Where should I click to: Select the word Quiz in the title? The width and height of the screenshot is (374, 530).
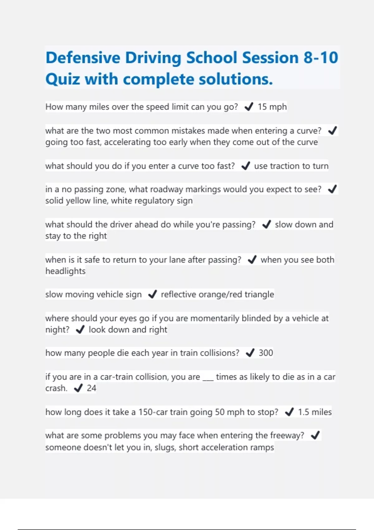point(63,79)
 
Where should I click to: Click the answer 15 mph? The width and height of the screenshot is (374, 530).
point(272,107)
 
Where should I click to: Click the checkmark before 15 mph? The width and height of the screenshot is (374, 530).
point(249,107)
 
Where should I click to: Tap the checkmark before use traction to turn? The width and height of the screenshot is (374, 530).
point(246,166)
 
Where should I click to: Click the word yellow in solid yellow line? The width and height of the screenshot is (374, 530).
point(80,201)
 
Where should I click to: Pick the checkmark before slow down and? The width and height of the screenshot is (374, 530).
point(266,224)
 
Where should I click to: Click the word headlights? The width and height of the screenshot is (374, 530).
point(65,271)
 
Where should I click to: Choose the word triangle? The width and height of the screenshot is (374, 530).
point(259,294)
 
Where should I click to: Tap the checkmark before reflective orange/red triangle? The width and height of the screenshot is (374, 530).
point(152,294)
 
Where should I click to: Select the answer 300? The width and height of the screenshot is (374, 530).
point(266,353)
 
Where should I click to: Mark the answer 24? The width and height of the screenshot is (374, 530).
point(91,388)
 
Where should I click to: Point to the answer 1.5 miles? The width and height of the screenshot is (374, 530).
point(315,412)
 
